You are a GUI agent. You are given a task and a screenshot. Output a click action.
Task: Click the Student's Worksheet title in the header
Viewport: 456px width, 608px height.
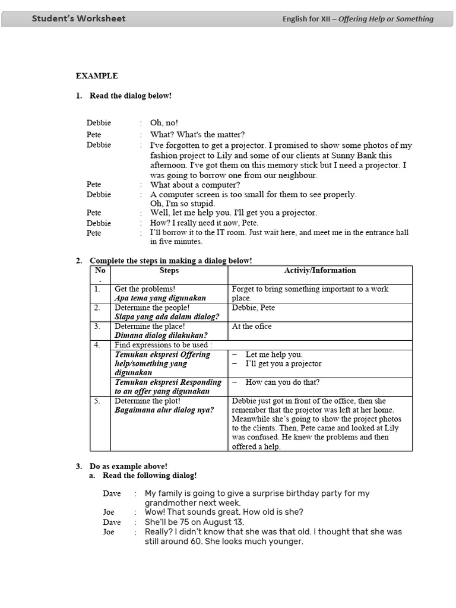point(78,18)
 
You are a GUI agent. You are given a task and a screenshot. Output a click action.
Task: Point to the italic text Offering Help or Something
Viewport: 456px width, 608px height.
point(386,19)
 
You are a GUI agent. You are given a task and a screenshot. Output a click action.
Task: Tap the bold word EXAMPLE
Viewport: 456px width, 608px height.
point(97,76)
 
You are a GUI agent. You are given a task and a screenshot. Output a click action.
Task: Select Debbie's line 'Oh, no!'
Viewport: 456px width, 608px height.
point(164,123)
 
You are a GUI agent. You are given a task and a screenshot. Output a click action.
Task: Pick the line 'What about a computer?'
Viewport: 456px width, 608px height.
point(192,185)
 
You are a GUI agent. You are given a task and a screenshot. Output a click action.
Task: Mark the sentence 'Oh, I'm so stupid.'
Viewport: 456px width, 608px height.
point(182,204)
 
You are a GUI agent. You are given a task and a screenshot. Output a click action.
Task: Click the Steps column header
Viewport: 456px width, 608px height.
point(169,271)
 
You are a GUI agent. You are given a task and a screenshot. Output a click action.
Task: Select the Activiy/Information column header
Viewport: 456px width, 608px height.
point(320,271)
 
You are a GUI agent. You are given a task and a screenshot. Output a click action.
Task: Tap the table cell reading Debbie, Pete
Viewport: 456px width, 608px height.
point(254,308)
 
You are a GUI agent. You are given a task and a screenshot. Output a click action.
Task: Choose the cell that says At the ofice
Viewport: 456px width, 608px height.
point(252,327)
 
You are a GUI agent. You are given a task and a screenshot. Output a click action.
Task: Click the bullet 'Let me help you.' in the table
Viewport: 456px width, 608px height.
point(274,354)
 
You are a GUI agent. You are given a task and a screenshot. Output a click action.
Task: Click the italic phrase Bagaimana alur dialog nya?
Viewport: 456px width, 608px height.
point(164,410)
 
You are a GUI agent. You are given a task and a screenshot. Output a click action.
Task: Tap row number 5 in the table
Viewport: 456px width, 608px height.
point(97,401)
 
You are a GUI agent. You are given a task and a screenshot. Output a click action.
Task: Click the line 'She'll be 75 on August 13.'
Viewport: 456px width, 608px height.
point(195,522)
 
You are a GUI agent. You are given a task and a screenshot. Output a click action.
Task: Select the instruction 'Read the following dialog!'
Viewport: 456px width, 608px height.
point(150,476)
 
